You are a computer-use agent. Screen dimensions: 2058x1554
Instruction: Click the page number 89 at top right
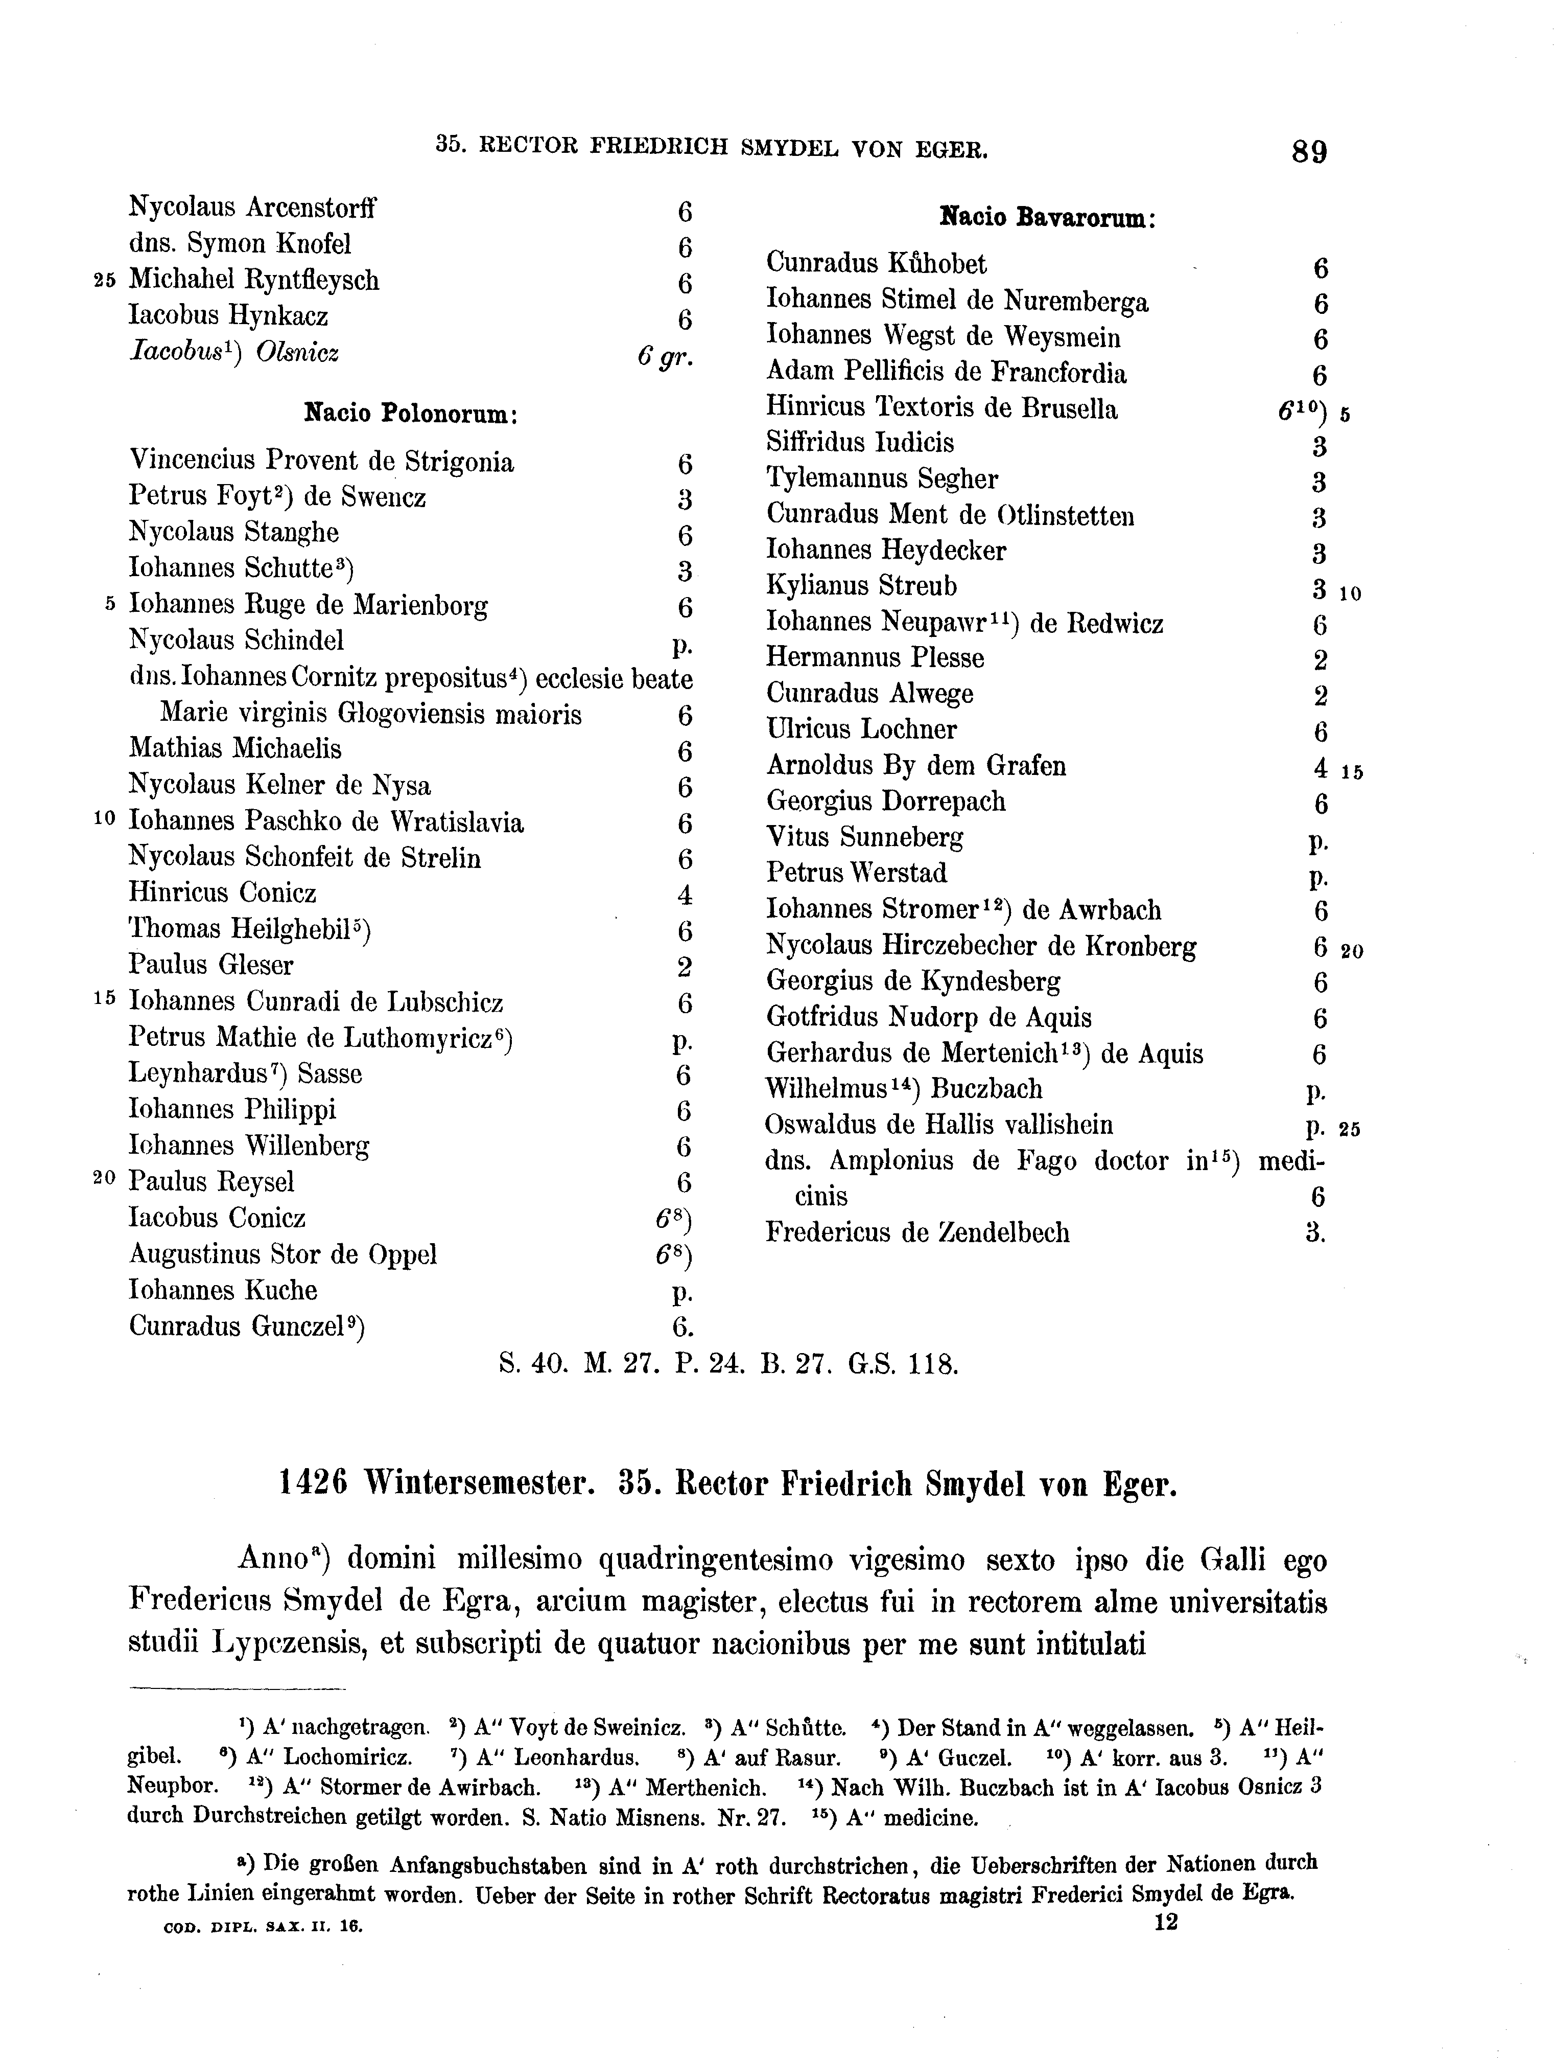click(1308, 152)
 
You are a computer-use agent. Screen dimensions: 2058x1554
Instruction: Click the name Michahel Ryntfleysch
click(254, 280)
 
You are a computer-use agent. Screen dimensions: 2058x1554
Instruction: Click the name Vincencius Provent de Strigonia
click(321, 462)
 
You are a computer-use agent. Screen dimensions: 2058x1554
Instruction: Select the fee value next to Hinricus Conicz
click(685, 895)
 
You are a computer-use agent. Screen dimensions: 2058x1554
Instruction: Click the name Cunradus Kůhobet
click(876, 264)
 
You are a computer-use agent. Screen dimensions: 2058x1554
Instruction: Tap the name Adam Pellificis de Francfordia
click(946, 373)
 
